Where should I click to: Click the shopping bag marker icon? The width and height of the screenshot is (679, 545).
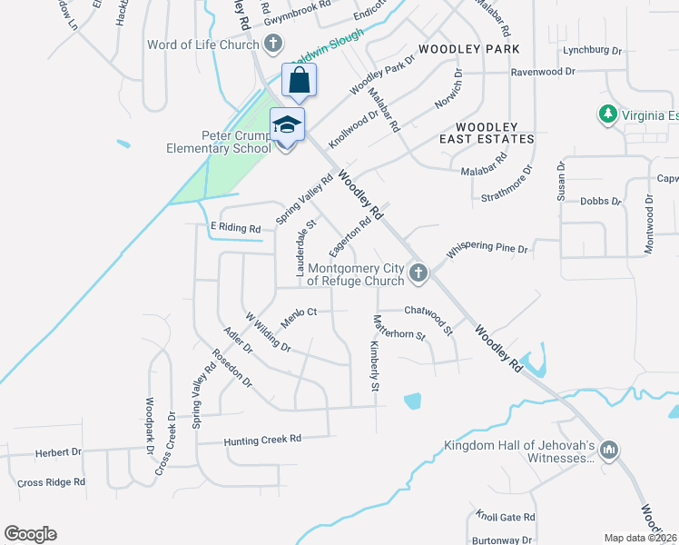click(x=299, y=81)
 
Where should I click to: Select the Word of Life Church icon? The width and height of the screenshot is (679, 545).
click(x=273, y=45)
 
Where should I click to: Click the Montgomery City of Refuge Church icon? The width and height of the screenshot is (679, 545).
click(x=418, y=272)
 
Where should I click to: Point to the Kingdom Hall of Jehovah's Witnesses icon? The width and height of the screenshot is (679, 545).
click(x=609, y=449)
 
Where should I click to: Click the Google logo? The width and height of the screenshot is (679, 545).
click(x=30, y=534)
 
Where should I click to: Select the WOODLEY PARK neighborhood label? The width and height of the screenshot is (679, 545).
click(x=468, y=48)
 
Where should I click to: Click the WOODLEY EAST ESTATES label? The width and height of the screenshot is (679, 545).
click(x=486, y=133)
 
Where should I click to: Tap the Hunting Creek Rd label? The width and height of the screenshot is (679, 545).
click(x=262, y=440)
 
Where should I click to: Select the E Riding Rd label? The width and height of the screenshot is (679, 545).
click(x=235, y=228)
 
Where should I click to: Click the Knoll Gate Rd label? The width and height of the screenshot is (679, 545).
click(x=506, y=517)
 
